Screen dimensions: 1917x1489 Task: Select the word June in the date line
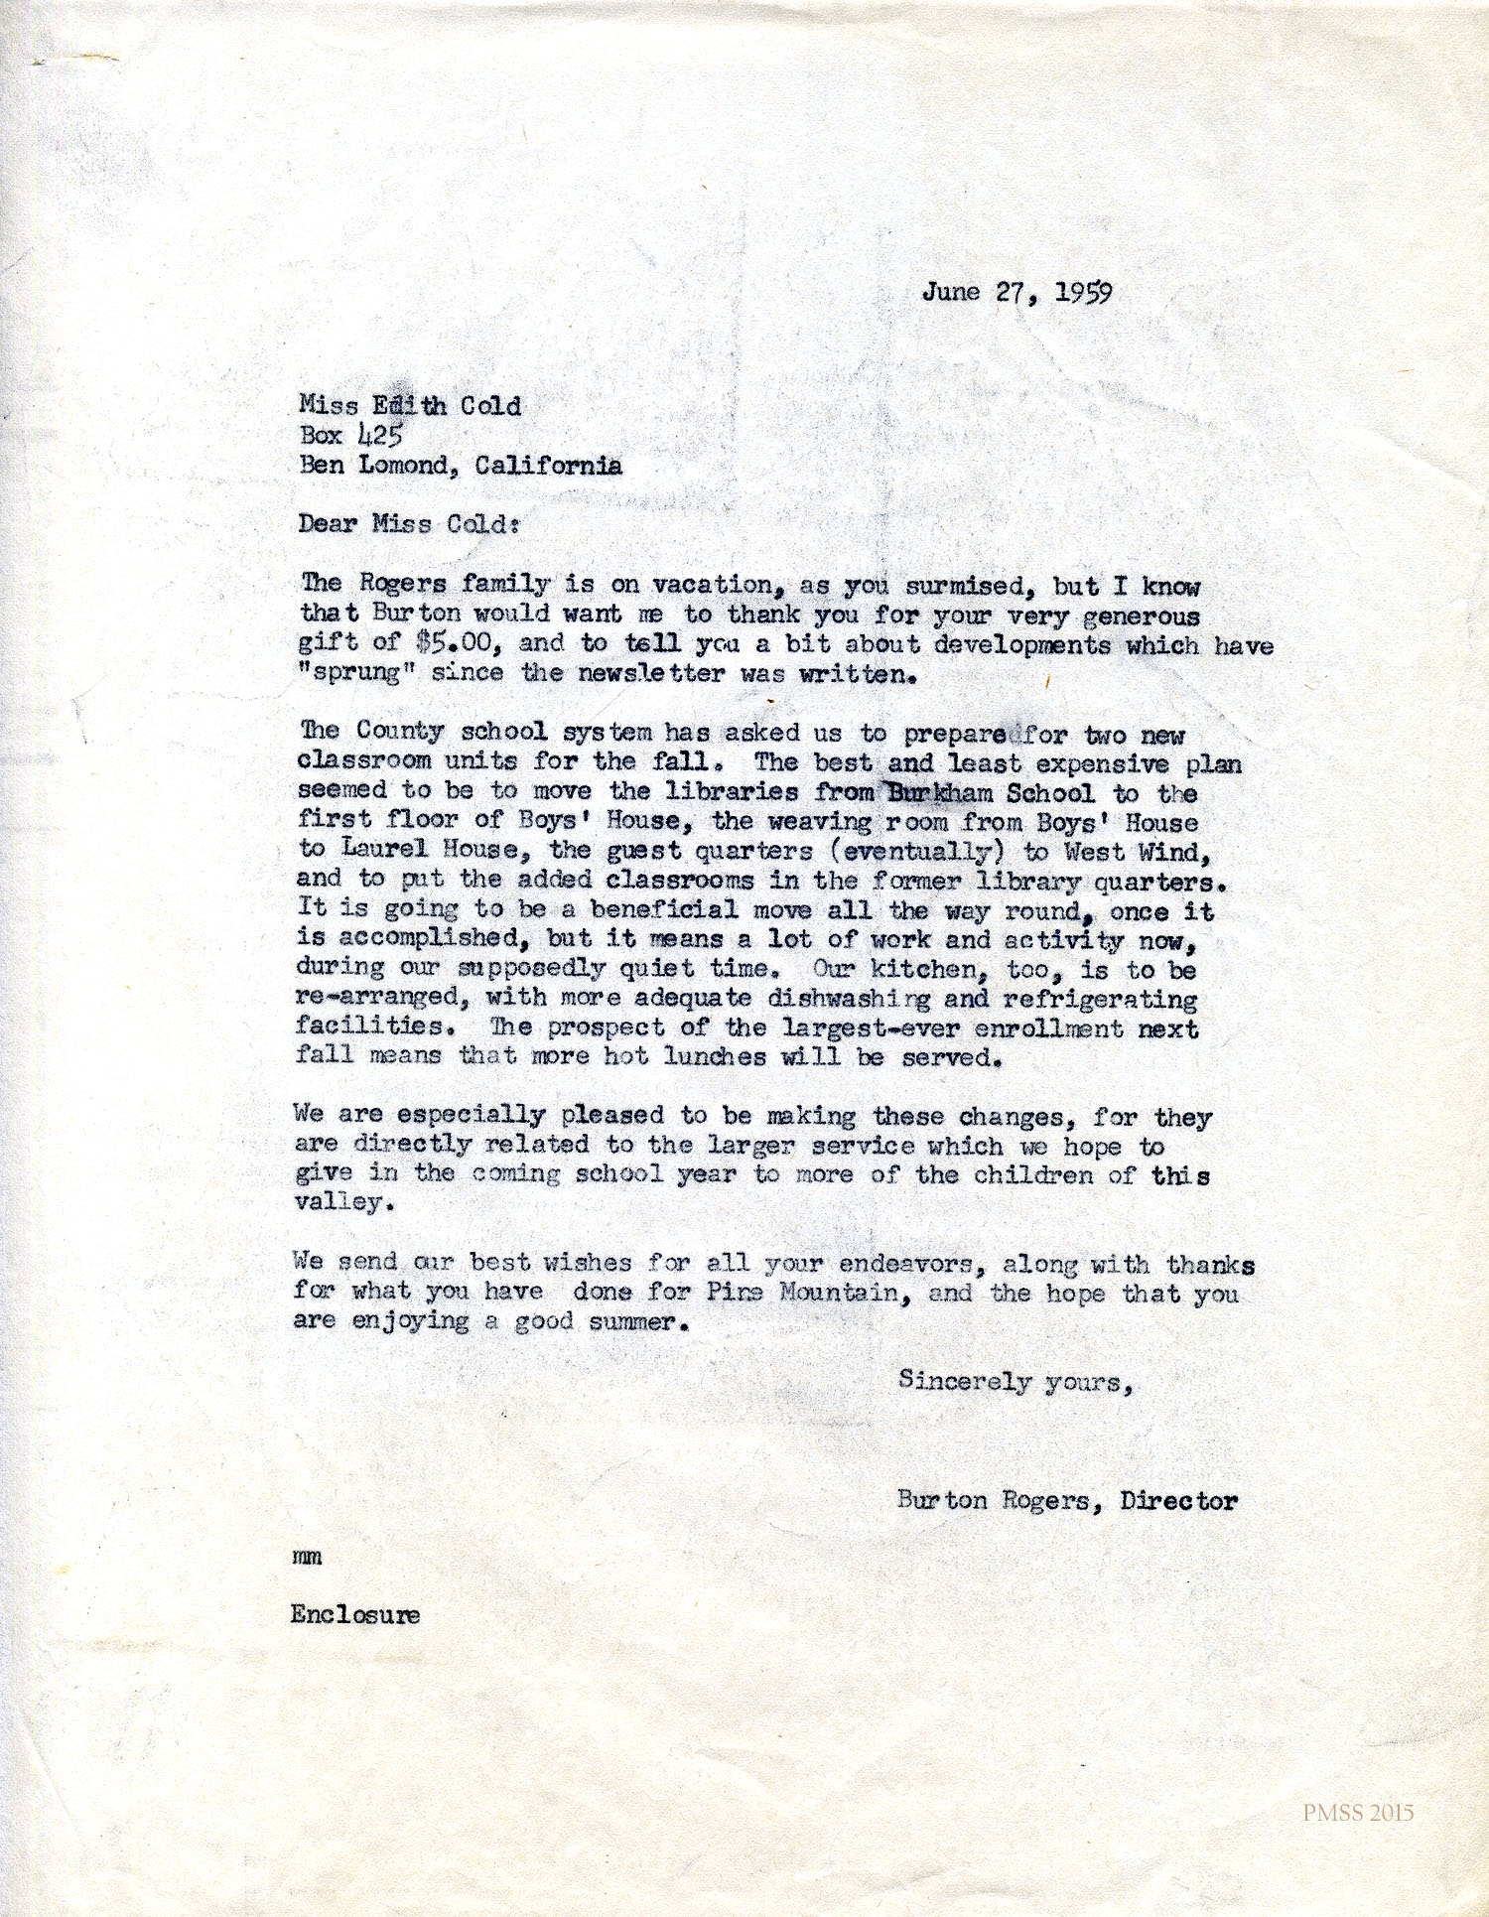click(951, 291)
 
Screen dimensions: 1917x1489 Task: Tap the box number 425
click(378, 435)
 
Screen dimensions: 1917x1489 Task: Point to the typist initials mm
click(307, 1558)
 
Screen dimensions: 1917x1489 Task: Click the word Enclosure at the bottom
click(354, 1614)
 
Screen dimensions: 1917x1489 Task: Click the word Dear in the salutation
click(327, 524)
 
